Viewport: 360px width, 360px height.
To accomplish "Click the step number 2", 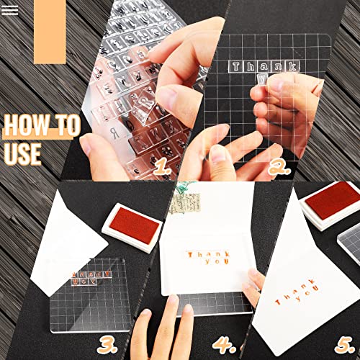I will pos(279,170).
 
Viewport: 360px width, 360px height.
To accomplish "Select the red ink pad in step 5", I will pos(332,201).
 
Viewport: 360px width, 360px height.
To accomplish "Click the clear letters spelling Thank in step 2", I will pos(263,66).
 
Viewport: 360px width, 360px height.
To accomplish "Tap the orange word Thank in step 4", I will pos(207,254).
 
